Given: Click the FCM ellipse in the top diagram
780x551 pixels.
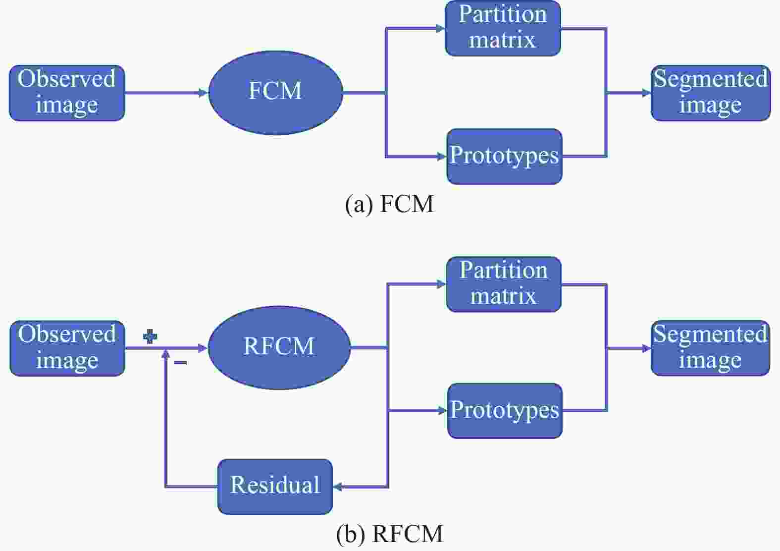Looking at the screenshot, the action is [275, 93].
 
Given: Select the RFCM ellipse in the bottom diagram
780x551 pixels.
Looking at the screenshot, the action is [279, 348].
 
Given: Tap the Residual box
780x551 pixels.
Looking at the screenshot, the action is [275, 487].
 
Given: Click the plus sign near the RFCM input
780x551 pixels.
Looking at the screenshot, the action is [150, 336].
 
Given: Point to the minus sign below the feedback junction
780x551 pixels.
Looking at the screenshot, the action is [180, 363].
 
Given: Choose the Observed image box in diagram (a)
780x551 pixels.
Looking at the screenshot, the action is [67, 93].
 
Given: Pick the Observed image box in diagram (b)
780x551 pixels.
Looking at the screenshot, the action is [67, 348].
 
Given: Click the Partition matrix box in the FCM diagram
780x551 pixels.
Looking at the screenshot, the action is [503, 28].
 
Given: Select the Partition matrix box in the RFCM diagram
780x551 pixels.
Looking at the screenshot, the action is [504, 284].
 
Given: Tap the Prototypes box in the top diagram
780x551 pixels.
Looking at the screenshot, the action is [505, 157].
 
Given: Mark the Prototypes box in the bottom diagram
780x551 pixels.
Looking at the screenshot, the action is [505, 411].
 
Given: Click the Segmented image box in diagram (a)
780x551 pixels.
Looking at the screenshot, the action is [711, 93].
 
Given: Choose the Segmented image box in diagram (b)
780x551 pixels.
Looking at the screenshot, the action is [710, 348].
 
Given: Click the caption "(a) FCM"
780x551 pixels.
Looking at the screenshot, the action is [390, 204].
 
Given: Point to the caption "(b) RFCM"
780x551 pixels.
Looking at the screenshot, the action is [390, 534].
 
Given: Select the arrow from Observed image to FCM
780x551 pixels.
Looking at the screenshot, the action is [166, 93].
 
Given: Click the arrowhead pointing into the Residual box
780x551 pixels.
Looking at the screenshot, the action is [337, 487].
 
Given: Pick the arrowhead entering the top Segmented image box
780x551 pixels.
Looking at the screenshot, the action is [647, 93].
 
